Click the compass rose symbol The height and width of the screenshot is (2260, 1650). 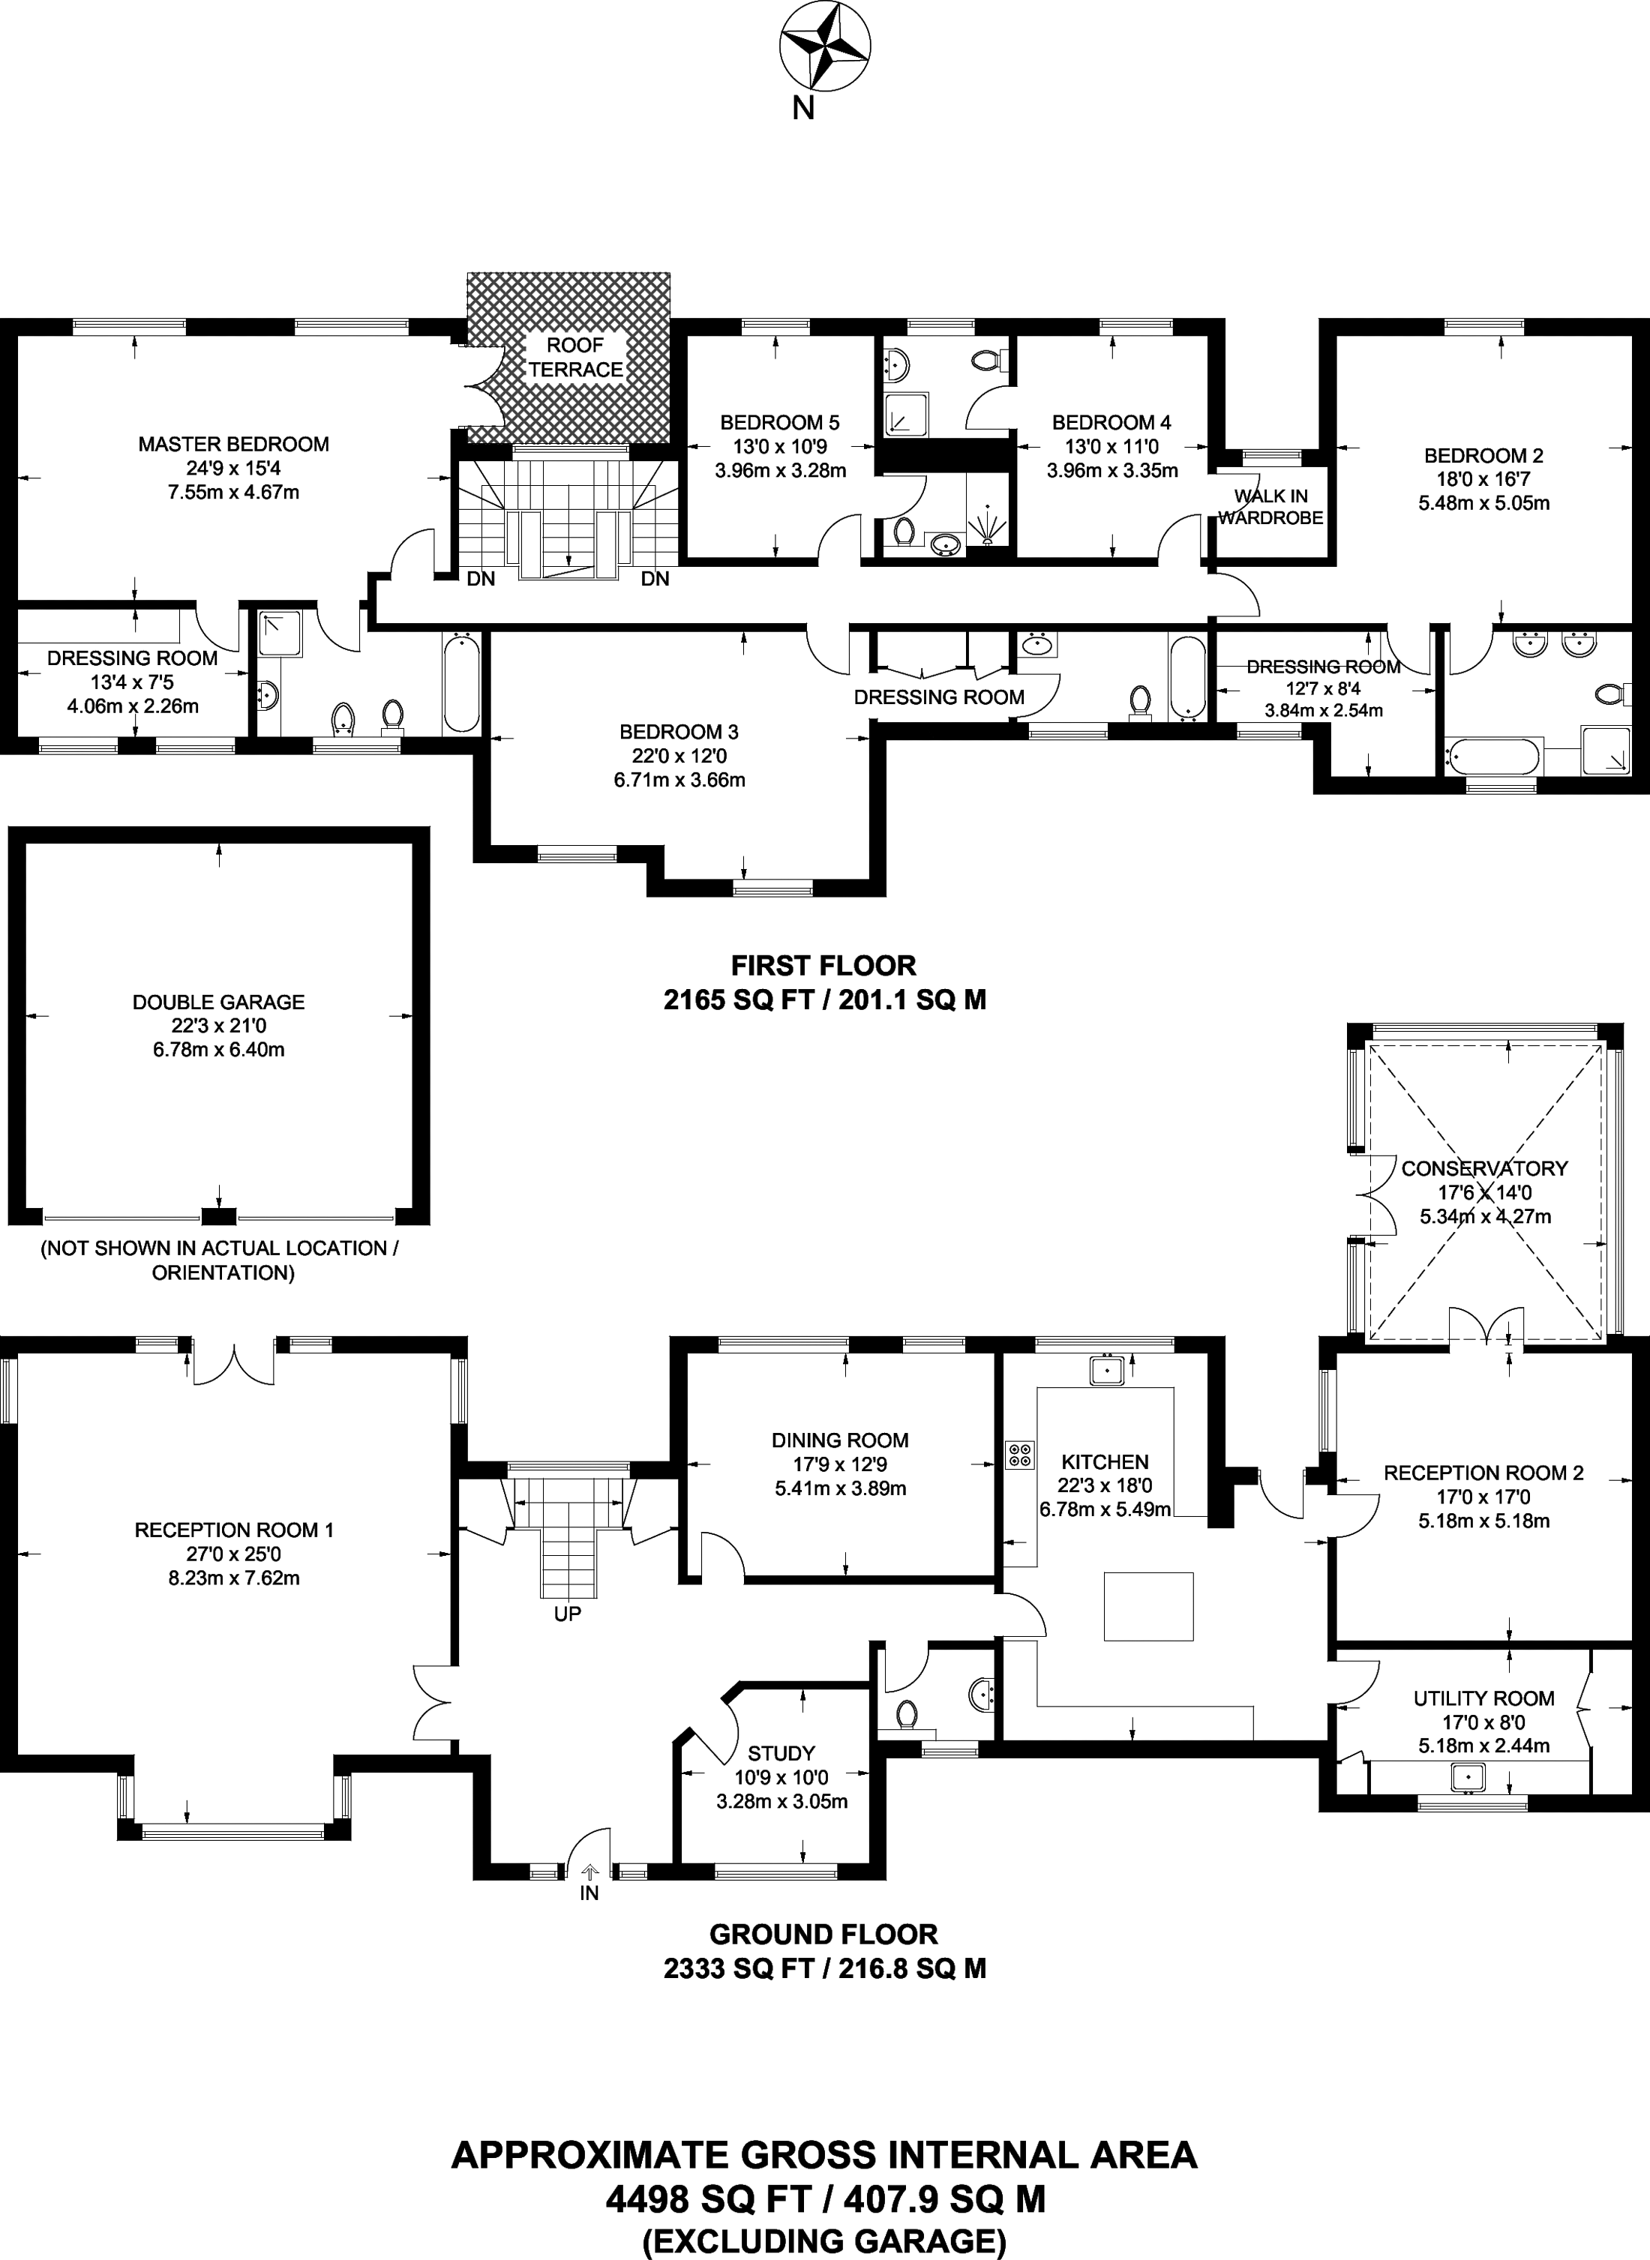(x=824, y=46)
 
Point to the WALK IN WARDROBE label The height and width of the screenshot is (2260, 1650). (x=1270, y=506)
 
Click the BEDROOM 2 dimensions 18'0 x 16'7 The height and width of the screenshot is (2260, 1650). (x=1484, y=479)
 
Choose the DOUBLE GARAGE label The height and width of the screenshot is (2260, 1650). (x=219, y=1002)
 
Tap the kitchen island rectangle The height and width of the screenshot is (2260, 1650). (x=1148, y=1606)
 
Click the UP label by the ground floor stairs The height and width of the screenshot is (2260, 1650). (x=567, y=1613)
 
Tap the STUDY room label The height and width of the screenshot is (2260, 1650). (x=781, y=1752)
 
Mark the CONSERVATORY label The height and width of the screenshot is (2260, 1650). (x=1484, y=1168)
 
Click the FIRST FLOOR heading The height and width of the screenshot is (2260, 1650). (x=824, y=966)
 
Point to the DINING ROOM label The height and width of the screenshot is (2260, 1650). (x=840, y=1440)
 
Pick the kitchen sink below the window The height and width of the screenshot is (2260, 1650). (x=1108, y=1369)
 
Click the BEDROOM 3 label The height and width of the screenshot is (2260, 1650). (x=679, y=732)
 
